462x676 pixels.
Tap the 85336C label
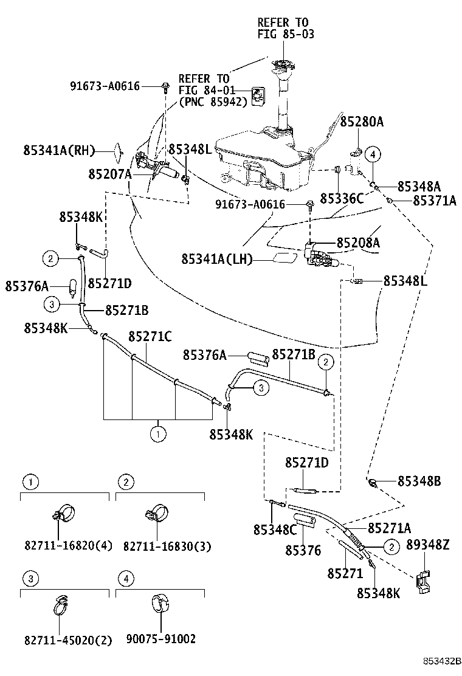click(342, 198)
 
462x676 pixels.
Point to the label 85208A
click(358, 243)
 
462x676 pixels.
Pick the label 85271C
click(150, 336)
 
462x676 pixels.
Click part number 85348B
click(419, 481)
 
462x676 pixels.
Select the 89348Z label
click(428, 545)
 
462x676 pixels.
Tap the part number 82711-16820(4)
click(68, 545)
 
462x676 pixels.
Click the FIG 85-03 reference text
click(286, 35)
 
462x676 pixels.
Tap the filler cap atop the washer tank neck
click(281, 65)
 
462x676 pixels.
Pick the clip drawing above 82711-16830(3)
click(155, 513)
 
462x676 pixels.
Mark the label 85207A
click(109, 174)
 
